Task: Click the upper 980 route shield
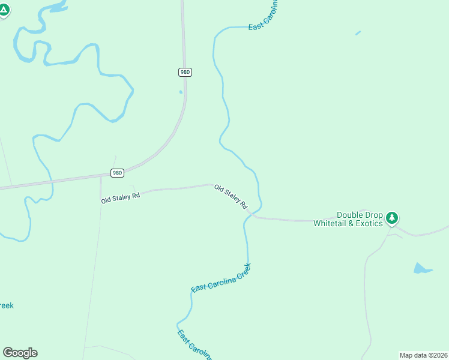185,72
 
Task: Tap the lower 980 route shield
117,173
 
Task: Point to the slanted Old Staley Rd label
231,196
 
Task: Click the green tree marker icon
392,217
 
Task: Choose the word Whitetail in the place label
331,223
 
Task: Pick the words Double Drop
360,215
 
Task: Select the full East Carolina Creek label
220,278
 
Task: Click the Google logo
20,353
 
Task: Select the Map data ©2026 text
423,355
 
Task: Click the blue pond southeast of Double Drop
422,268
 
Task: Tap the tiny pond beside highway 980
180,92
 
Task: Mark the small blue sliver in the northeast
358,33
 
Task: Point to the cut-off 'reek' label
6,305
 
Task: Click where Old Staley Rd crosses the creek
253,214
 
